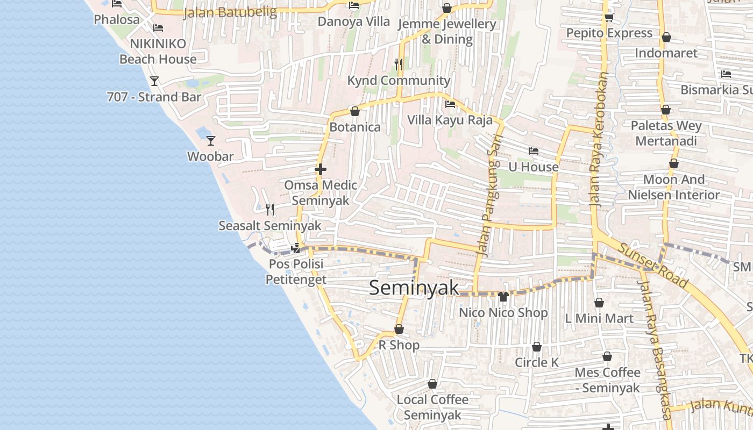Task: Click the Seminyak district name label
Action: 414,288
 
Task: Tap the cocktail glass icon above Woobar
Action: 211,141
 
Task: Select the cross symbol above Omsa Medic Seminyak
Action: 321,170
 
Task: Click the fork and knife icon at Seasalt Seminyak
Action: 270,210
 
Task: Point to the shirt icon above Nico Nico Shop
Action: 503,296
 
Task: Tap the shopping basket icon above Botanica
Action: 355,111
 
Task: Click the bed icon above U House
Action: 534,151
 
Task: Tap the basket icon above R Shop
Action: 399,329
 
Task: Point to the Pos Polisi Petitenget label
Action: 296,272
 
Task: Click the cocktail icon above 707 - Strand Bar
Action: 154,81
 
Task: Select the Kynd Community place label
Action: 399,81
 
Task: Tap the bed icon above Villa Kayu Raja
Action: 450,104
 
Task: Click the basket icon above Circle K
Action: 537,347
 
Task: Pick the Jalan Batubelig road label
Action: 230,12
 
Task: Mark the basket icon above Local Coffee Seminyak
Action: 432,384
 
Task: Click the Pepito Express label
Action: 609,33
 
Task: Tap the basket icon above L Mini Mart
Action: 599,303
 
